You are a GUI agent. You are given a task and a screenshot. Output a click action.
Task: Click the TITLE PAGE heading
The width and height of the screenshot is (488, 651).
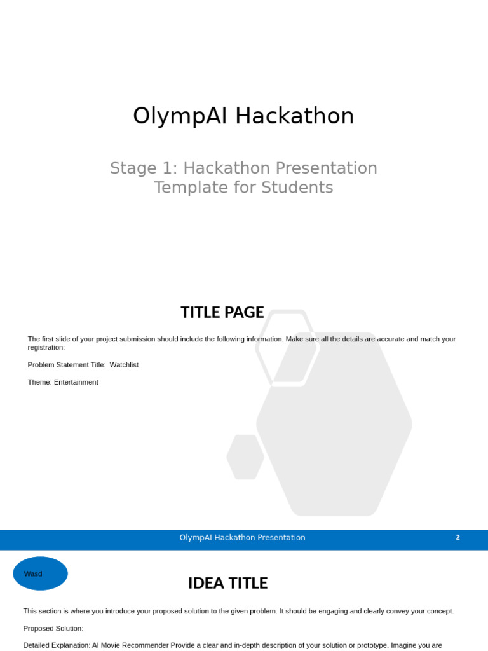click(222, 312)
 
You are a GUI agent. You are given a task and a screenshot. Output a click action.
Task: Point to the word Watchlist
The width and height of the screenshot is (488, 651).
click(124, 365)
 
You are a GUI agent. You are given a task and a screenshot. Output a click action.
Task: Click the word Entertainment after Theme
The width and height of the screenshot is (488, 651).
click(76, 382)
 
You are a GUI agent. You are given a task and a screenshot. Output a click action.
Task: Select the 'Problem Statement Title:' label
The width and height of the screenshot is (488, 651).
click(67, 365)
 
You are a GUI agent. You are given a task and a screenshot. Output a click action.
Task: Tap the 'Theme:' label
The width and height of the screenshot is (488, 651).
click(40, 382)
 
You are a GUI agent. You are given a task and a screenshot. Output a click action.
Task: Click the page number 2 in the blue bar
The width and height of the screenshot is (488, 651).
click(457, 538)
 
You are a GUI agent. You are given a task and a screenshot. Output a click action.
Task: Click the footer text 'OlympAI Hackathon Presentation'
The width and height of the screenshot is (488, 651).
click(242, 538)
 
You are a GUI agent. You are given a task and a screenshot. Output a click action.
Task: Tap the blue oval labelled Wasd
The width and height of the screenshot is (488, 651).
click(40, 573)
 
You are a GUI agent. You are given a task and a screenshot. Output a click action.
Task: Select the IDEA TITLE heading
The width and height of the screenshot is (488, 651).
click(227, 583)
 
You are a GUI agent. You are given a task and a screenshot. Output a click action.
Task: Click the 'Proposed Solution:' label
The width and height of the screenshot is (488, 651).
click(53, 628)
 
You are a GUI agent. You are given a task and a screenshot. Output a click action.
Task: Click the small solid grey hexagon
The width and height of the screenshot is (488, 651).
click(245, 456)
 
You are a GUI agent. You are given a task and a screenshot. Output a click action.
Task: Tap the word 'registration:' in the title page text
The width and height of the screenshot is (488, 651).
click(46, 348)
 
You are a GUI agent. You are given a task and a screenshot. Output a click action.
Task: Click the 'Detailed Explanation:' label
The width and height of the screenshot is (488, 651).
click(57, 645)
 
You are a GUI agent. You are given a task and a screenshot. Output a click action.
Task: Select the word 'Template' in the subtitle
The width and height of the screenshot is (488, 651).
click(182, 188)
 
